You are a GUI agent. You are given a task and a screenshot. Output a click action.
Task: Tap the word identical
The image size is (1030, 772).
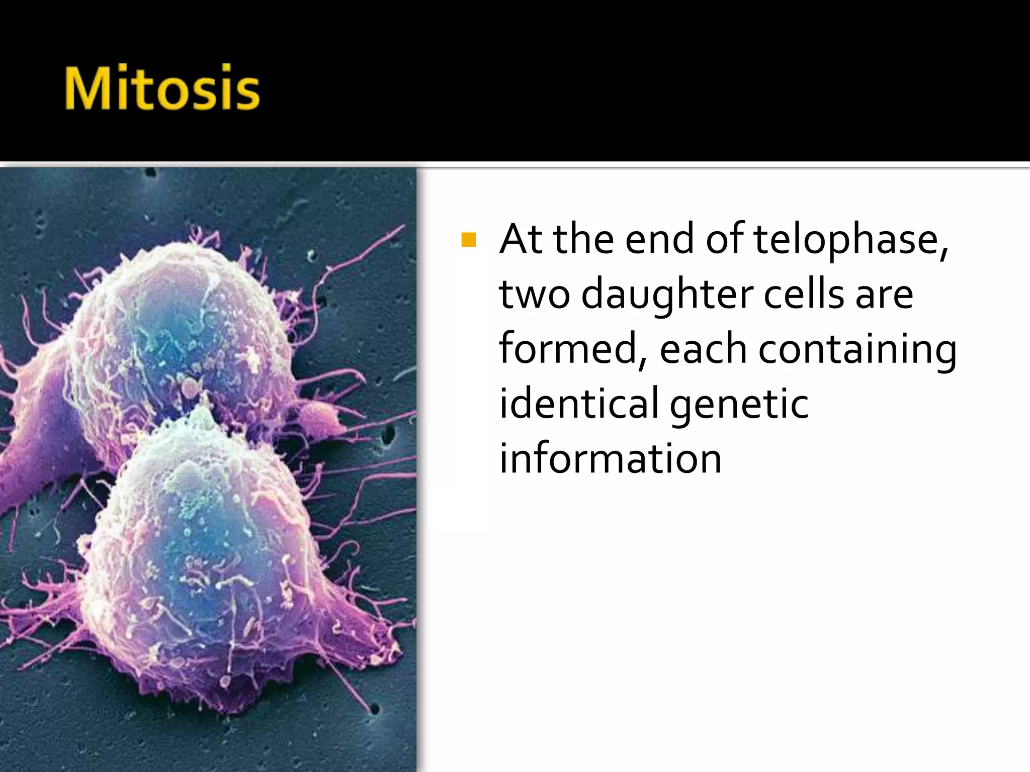578,404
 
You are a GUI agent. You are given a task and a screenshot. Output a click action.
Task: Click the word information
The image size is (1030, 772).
610,459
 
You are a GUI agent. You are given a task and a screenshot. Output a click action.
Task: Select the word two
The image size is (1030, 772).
534,295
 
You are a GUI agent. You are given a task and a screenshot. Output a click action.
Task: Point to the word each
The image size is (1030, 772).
703,349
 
